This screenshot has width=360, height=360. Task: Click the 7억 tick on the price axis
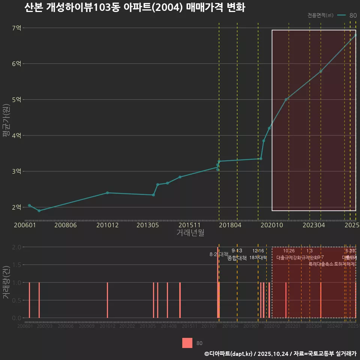pyautogui.click(x=16, y=28)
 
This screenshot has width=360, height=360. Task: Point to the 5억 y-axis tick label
pyautogui.click(x=16, y=99)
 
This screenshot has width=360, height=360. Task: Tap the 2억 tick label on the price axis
pyautogui.click(x=16, y=207)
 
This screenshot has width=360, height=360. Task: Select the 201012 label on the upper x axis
pyautogui.click(x=107, y=225)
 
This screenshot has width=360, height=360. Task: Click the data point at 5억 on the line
pyautogui.click(x=286, y=99)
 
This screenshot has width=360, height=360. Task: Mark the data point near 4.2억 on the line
pyautogui.click(x=269, y=128)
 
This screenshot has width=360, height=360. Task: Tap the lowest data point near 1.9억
pyautogui.click(x=39, y=211)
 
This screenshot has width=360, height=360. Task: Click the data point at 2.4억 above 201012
pyautogui.click(x=108, y=193)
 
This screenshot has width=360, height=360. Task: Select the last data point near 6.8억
pyautogui.click(x=355, y=35)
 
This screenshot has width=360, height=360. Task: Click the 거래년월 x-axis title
pyautogui.click(x=190, y=233)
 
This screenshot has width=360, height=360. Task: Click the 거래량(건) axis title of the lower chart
pyautogui.click(x=6, y=282)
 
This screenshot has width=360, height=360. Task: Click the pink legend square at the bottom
pyautogui.click(x=187, y=343)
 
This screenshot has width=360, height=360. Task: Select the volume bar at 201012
pyautogui.click(x=107, y=300)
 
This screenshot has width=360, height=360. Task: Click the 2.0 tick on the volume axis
pyautogui.click(x=16, y=247)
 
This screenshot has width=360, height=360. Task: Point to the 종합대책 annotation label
pyautogui.click(x=237, y=258)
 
